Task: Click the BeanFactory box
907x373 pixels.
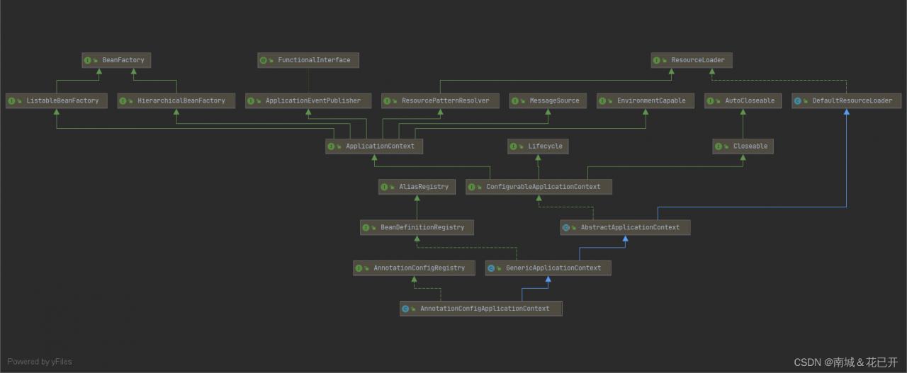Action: click(x=116, y=60)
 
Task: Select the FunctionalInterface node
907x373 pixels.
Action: click(x=308, y=60)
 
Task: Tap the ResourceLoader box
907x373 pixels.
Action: click(x=692, y=60)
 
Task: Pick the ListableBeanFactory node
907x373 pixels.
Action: click(x=57, y=101)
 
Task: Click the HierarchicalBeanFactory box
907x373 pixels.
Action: click(x=176, y=101)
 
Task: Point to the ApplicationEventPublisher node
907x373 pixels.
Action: click(x=308, y=101)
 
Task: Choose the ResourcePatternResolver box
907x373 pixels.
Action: click(x=440, y=101)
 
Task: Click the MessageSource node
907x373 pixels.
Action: click(x=548, y=101)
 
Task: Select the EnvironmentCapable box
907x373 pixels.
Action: click(x=646, y=101)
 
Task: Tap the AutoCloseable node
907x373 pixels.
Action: click(x=743, y=101)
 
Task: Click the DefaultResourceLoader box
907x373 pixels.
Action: click(x=847, y=101)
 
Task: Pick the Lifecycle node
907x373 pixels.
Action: click(x=538, y=147)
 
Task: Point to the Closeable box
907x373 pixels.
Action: click(x=743, y=147)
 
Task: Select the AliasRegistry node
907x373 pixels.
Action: click(x=417, y=187)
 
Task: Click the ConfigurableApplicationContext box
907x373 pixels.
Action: click(x=539, y=187)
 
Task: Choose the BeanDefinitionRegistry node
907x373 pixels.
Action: click(x=417, y=227)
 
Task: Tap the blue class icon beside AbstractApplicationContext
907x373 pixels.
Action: click(x=566, y=228)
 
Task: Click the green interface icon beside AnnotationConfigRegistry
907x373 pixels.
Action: click(x=359, y=268)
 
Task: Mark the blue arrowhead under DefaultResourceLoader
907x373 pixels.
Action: click(x=847, y=112)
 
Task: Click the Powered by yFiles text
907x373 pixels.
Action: click(x=40, y=362)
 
